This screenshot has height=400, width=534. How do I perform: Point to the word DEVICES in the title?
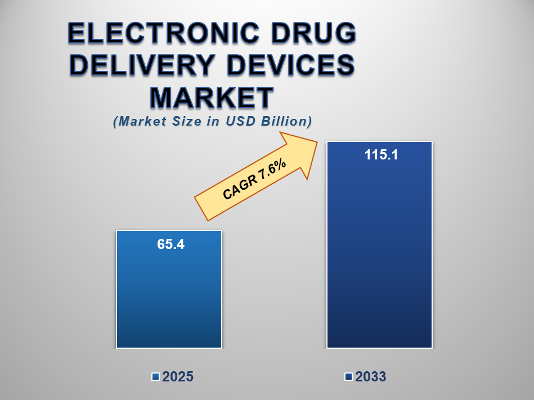[x=293, y=66]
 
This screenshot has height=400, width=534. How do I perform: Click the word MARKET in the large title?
[x=212, y=97]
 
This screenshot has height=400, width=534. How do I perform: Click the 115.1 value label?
[x=381, y=155]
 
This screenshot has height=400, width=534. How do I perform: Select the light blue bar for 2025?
[x=169, y=299]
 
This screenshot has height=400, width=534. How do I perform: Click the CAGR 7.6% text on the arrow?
[x=255, y=180]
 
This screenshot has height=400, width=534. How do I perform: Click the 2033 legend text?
[x=370, y=377]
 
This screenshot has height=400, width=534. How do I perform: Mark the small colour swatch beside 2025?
[x=155, y=377]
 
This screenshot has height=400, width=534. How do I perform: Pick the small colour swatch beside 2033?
[x=348, y=377]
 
